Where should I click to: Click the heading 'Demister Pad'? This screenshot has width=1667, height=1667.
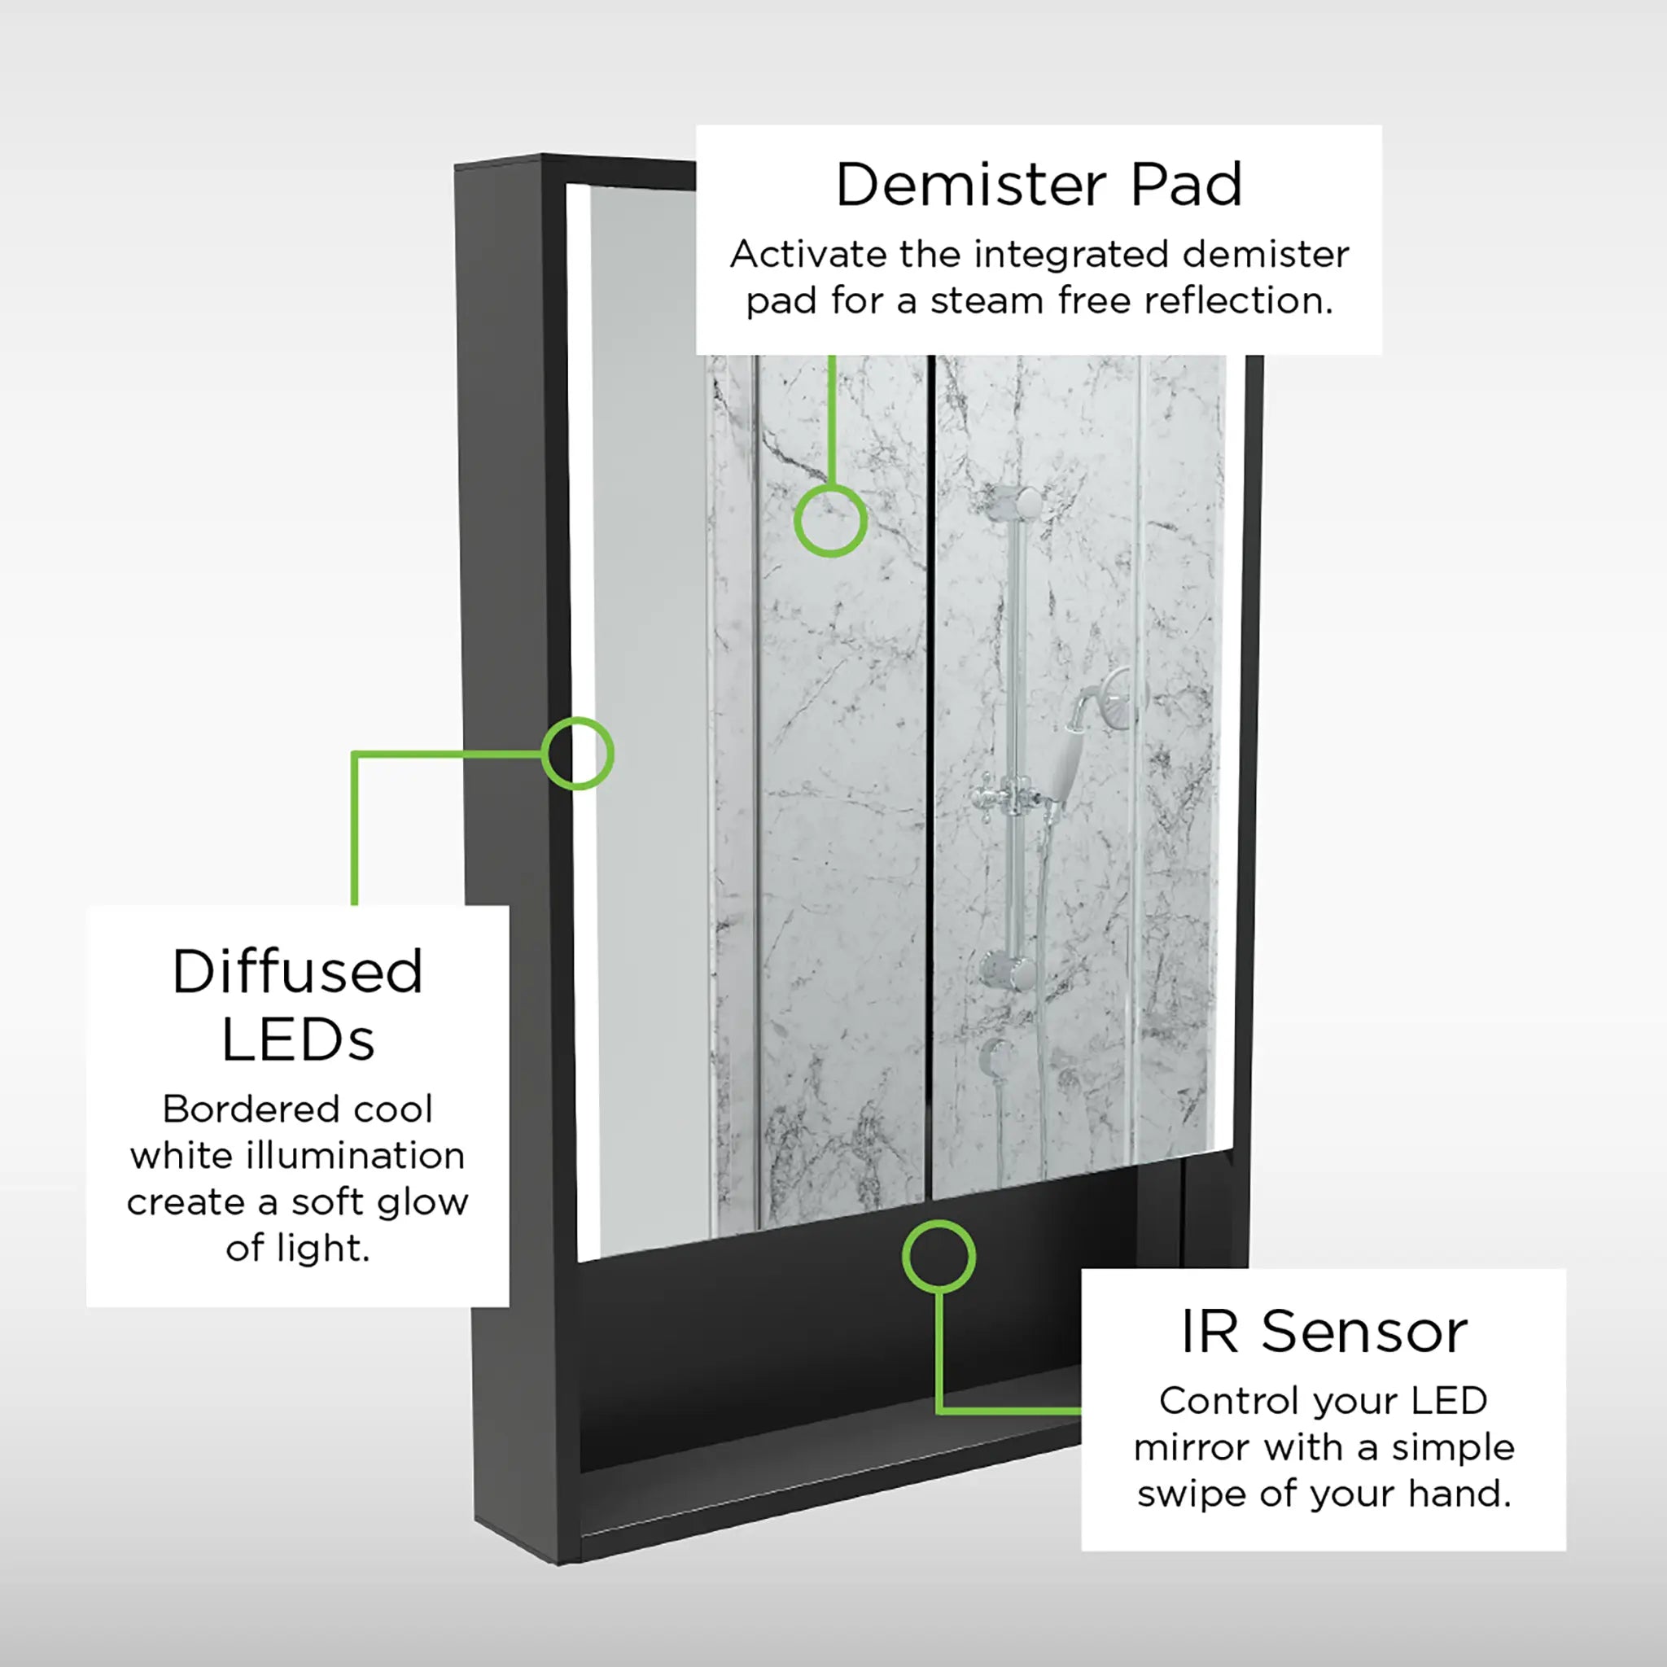1039,185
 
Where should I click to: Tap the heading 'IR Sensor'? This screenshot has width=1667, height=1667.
1324,1332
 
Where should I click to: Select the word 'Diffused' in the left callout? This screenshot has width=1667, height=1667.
298,972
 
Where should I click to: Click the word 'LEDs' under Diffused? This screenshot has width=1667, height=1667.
299,1039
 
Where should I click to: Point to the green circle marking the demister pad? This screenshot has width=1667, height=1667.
830,520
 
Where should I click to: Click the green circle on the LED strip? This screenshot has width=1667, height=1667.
578,753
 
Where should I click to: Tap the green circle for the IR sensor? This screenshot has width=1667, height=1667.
939,1256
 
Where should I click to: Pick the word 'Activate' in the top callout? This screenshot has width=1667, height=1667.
808,255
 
